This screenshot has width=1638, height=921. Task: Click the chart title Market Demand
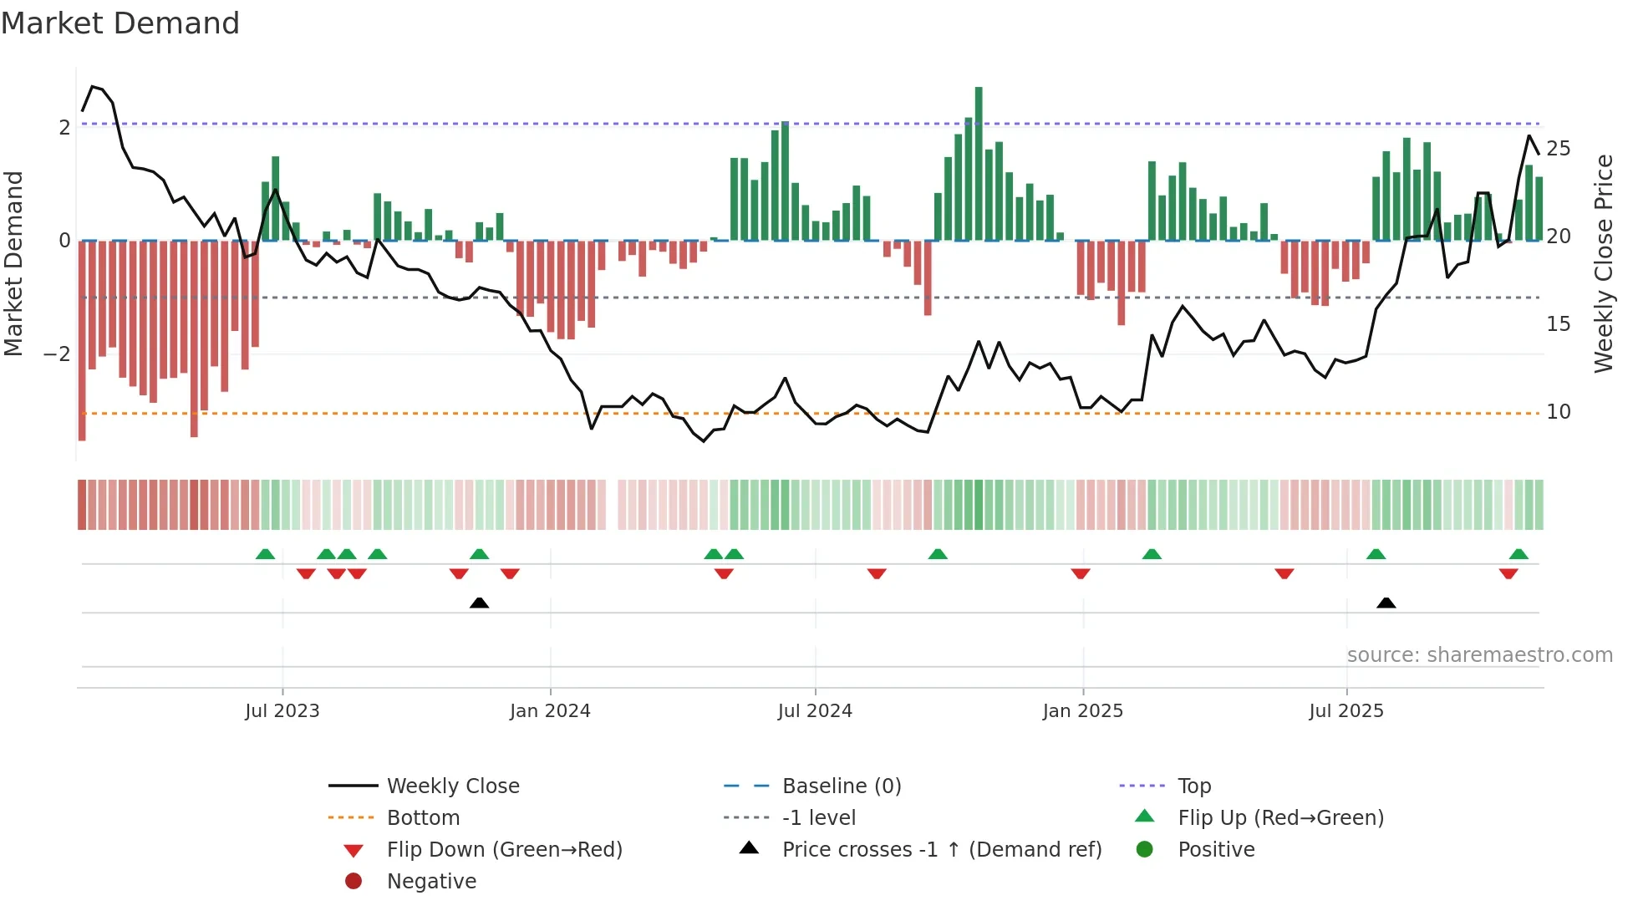[x=120, y=23]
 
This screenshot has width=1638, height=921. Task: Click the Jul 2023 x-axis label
[x=282, y=711]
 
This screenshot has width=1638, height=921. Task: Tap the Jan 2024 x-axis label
[x=550, y=711]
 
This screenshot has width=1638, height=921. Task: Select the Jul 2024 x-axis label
[x=815, y=711]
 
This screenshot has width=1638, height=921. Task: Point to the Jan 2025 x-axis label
[x=1083, y=711]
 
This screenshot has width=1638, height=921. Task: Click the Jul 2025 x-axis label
[x=1346, y=711]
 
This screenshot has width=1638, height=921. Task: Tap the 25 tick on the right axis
[x=1559, y=149]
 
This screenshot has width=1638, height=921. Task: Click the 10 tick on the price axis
[x=1559, y=412]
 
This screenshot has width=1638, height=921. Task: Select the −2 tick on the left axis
[x=57, y=354]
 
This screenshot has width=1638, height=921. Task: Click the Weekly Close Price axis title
[x=1603, y=263]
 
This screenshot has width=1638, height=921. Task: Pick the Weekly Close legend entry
[x=452, y=786]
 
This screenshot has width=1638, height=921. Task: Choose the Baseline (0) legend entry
[x=841, y=786]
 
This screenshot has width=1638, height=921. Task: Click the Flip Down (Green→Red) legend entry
[x=504, y=850]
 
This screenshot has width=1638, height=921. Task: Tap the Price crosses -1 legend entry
[x=941, y=850]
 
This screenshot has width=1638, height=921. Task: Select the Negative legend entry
[x=431, y=882]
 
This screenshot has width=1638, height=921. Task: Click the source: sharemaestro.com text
[x=1479, y=655]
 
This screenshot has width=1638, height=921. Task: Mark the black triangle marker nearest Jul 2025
[x=1386, y=603]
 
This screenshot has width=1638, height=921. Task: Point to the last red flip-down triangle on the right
[x=1508, y=574]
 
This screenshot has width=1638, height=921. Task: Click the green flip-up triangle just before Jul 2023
[x=265, y=554]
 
